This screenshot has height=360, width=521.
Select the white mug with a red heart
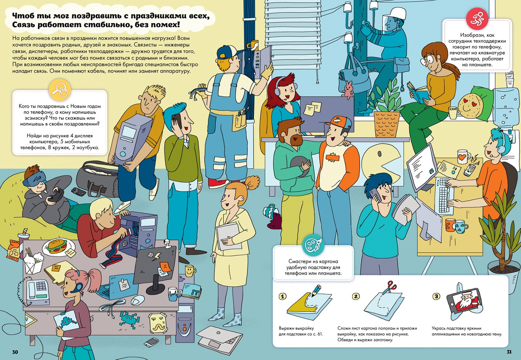(x=463, y=157)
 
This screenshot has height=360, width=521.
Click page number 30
(x=15, y=352)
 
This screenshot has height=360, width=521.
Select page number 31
(x=509, y=352)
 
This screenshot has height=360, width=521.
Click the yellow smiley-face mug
(x=190, y=271)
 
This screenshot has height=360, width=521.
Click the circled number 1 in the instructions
(x=282, y=297)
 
